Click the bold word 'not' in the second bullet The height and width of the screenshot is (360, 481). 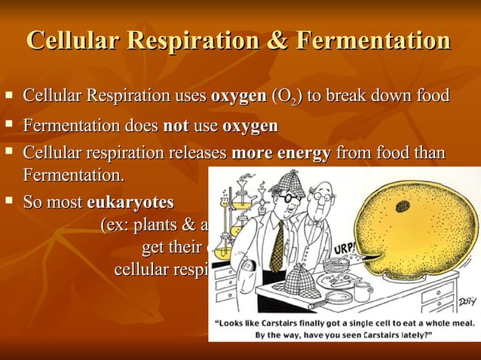pos(176,125)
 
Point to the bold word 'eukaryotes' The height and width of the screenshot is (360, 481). pos(130,203)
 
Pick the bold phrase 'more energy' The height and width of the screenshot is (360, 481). pos(280,154)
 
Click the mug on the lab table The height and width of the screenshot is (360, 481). pos(363,291)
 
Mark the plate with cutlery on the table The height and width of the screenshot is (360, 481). pos(332,279)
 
